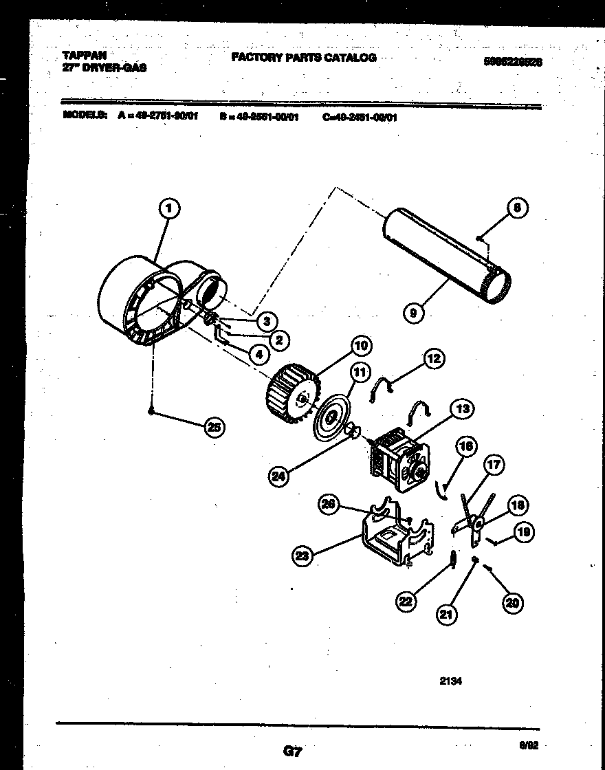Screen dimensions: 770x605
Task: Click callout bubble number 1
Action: [170, 207]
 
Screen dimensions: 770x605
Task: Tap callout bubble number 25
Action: [214, 427]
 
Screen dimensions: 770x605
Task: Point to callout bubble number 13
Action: [462, 410]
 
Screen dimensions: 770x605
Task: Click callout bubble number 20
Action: [511, 603]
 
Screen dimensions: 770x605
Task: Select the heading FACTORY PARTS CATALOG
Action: [303, 58]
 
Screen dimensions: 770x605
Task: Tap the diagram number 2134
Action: [450, 682]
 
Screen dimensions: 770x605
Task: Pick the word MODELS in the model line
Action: [84, 116]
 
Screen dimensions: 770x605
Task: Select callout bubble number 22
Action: [407, 602]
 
